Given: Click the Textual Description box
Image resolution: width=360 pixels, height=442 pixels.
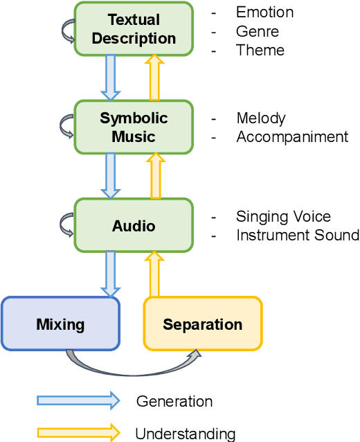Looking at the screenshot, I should coord(134,28).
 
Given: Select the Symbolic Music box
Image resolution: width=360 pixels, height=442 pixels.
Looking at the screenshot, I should coord(134,127).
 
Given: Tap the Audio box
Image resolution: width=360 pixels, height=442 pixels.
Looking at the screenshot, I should coord(134,226).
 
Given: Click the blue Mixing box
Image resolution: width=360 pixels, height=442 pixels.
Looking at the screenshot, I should coord(60,323).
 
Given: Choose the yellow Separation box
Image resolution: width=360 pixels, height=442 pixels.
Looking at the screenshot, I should coord(202,324).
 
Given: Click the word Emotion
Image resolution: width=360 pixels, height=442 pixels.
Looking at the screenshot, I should coord(264,12).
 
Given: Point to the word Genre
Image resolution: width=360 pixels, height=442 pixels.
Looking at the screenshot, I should coord(258,31).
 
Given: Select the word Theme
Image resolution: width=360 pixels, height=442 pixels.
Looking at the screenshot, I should coord(260,50).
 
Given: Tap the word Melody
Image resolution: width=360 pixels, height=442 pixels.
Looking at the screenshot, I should coord(260,118).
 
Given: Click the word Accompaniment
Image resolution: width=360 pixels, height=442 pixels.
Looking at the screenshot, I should coord(292,137).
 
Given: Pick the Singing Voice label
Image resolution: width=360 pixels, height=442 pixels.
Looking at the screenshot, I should coord(283,217).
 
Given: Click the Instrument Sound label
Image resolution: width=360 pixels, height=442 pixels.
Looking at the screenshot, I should coord(298,236).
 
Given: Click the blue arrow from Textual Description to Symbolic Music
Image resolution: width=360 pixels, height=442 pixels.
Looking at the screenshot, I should coord(111,77).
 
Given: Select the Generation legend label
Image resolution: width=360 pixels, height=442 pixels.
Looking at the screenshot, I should coord(174,401).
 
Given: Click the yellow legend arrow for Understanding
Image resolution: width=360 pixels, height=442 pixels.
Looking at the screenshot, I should coord(78,433).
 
